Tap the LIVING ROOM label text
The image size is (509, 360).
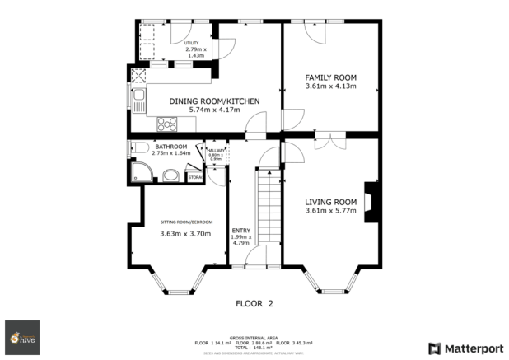(x=330, y=202)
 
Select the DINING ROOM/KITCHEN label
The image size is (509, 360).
(x=214, y=101)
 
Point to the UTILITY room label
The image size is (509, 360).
(x=192, y=42)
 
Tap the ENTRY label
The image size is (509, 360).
(x=240, y=230)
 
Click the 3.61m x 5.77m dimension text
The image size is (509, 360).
(x=330, y=212)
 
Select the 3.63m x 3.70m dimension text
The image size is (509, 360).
(x=185, y=234)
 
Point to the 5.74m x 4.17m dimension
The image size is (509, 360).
(x=214, y=110)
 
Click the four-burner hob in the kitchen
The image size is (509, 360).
(x=167, y=124)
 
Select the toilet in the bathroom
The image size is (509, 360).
(x=139, y=148)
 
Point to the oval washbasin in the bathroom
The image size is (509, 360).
(x=171, y=175)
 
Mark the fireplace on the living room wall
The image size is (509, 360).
(x=372, y=199)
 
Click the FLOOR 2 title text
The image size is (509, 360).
(x=254, y=303)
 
